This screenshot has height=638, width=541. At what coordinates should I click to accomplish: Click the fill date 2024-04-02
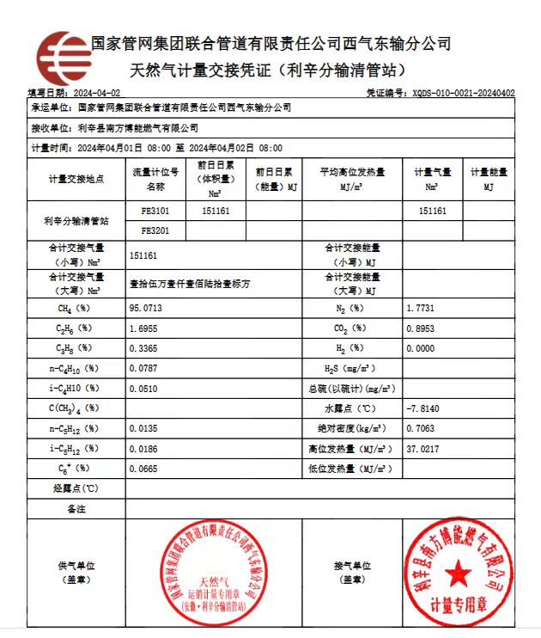[97, 92]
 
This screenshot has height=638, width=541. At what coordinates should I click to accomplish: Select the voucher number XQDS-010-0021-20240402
[463, 92]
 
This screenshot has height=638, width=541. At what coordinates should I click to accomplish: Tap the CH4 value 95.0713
[145, 307]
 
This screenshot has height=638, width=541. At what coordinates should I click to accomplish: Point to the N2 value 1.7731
[422, 307]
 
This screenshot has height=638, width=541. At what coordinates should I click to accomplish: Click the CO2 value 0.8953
[420, 328]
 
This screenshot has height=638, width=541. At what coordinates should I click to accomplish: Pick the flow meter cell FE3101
[155, 210]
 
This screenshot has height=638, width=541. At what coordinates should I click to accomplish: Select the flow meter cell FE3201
[155, 230]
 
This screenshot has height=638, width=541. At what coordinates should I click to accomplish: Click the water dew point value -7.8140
[423, 408]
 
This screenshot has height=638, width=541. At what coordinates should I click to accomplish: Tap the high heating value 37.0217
[422, 448]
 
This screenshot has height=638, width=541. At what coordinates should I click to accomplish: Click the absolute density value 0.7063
[420, 428]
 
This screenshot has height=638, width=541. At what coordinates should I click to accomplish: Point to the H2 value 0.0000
[420, 348]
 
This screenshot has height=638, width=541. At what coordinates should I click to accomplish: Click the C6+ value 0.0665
[143, 469]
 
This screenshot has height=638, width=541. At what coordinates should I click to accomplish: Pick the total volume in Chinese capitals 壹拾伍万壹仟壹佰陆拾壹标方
[190, 282]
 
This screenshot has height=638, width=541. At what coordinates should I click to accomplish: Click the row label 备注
[76, 509]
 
